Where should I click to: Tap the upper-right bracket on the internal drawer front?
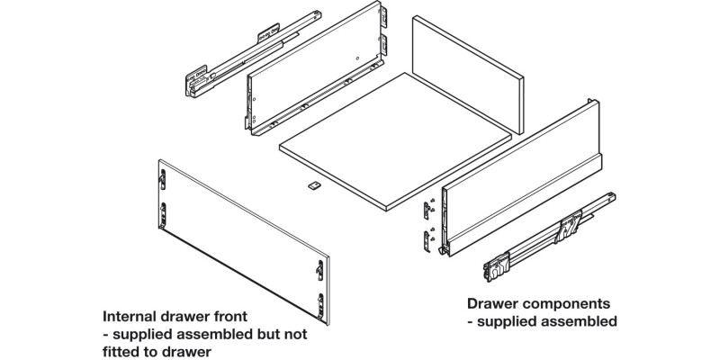click(x=319, y=268)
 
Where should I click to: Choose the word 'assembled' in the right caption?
click(x=576, y=320)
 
